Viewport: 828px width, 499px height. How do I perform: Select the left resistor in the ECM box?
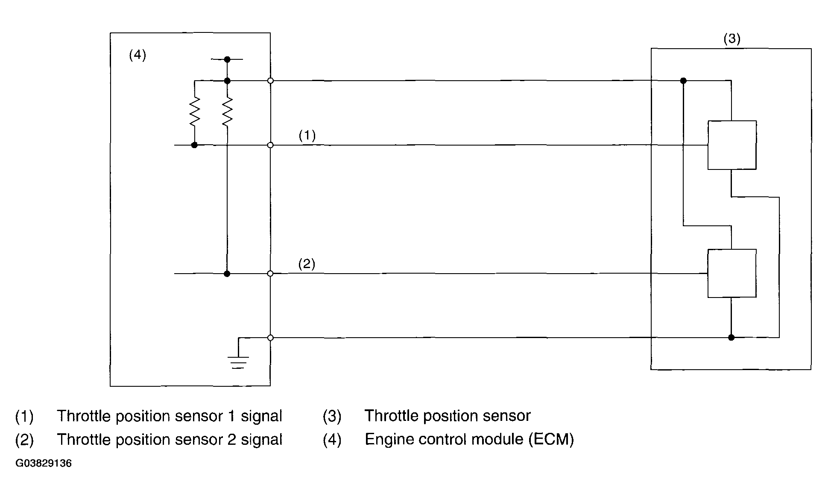point(194,111)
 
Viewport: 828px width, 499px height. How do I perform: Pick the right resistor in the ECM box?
point(227,111)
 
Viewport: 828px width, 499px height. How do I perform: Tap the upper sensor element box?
point(732,145)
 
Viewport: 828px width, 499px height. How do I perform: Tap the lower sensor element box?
point(732,273)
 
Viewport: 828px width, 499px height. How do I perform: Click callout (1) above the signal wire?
point(307,135)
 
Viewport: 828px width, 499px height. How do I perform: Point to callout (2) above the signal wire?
point(307,264)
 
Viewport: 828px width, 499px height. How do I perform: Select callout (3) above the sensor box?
point(732,39)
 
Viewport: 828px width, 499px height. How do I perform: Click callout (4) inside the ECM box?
point(138,55)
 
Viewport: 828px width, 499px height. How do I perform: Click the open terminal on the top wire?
point(270,81)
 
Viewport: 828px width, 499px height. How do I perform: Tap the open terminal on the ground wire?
point(270,338)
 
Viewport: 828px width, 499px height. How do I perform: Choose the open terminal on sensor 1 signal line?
point(270,145)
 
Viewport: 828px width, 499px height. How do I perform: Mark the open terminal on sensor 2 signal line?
point(270,273)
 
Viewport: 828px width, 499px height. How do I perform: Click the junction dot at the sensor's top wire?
point(683,81)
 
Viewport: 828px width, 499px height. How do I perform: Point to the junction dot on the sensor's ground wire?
point(731,338)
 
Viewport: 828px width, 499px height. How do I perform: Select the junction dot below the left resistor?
point(194,145)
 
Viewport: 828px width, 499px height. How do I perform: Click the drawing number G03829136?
point(44,464)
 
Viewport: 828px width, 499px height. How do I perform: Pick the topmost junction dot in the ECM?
point(227,59)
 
